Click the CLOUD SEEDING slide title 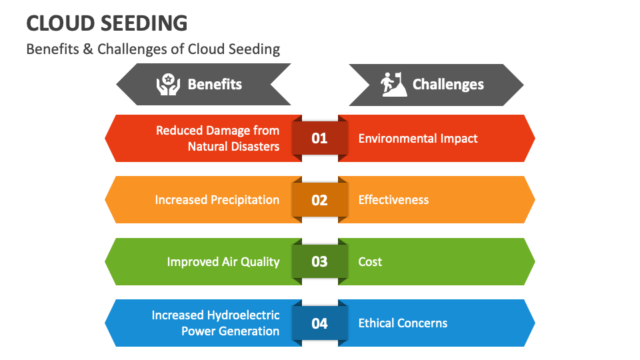coord(107,23)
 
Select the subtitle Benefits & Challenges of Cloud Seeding coord(153,49)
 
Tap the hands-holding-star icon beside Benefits coord(168,85)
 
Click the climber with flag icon coord(393,85)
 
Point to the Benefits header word coord(215,85)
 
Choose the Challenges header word coord(448,85)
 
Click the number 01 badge coord(320,138)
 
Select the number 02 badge coord(320,200)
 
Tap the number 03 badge coord(320,261)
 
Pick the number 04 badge coord(320,323)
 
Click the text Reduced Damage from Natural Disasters coord(218,138)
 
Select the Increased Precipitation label coord(217,200)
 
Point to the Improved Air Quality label coord(223,261)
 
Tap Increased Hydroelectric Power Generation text coord(216,323)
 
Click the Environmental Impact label coord(418,139)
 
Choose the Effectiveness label coord(393,200)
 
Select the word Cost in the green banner coord(370,261)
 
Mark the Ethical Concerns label coord(403,323)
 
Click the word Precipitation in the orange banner coord(245,200)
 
